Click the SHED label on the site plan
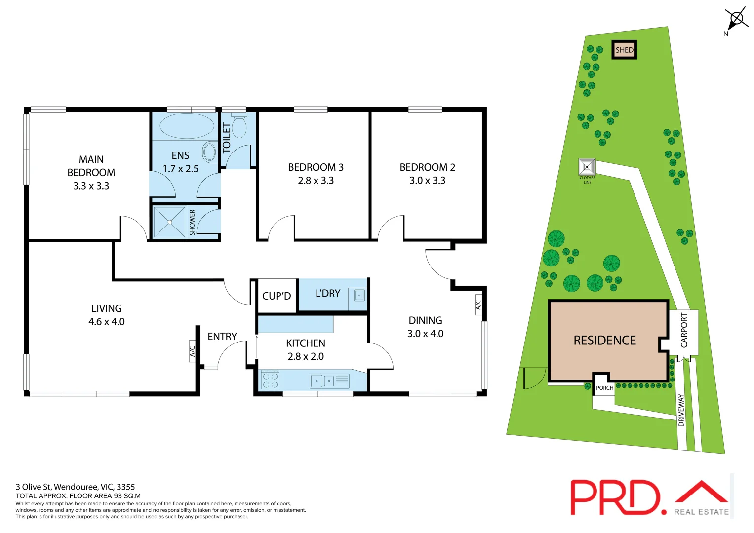click(x=624, y=50)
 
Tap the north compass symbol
click(x=736, y=20)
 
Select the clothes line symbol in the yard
click(x=587, y=167)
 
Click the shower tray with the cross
click(x=169, y=222)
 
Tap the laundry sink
click(x=359, y=296)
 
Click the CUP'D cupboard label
click(x=277, y=296)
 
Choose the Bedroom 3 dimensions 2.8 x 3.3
click(x=316, y=181)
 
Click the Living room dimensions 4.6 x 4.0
click(x=107, y=322)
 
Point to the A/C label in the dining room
click(x=478, y=305)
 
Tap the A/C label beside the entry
click(x=193, y=351)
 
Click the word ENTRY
click(x=222, y=337)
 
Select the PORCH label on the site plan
click(x=604, y=388)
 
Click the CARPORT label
click(x=684, y=331)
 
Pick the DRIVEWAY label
click(x=681, y=410)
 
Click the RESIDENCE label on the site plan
click(x=604, y=341)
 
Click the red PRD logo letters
click(x=615, y=497)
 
